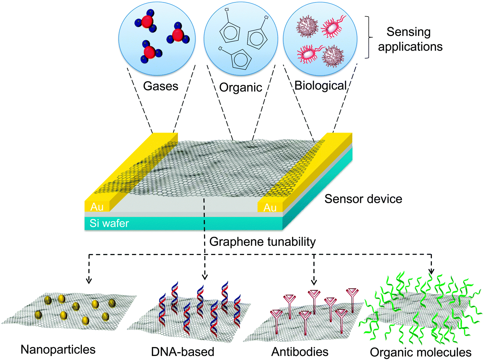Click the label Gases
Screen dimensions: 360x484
coord(160,86)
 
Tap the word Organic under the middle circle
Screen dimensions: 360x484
coord(241,87)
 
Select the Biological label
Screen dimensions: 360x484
coord(321,86)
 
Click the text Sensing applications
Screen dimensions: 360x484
coord(410,39)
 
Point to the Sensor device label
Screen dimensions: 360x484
coord(363,199)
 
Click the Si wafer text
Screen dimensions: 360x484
coord(109,223)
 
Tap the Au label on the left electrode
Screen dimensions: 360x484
coord(97,207)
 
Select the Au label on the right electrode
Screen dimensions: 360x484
coord(270,207)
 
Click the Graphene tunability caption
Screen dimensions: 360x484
coord(262,242)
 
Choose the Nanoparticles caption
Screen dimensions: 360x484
coord(58,350)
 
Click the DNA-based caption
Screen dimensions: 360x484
coord(182,352)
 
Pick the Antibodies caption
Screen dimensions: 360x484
coord(300,352)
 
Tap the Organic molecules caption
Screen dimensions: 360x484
coord(420,353)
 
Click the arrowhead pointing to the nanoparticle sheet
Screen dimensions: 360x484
coord(89,280)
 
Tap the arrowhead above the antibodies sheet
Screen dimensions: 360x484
coord(314,282)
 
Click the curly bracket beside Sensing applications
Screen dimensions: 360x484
coord(369,37)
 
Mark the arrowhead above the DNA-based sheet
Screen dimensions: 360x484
coord(204,277)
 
